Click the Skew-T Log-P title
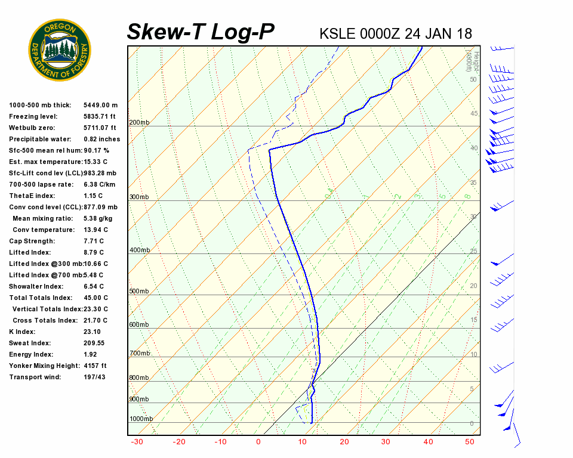click(x=201, y=32)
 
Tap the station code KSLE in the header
click(x=338, y=33)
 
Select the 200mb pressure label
click(x=139, y=123)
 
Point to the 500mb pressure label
click(x=139, y=292)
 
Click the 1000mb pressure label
click(x=141, y=419)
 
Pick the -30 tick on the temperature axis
click(x=137, y=442)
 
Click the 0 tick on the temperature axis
click(x=258, y=442)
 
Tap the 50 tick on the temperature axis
click(x=470, y=442)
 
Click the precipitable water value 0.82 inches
click(x=101, y=140)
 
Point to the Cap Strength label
click(x=32, y=242)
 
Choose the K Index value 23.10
click(x=92, y=332)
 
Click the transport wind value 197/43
click(x=95, y=377)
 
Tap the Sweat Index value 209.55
click(x=94, y=343)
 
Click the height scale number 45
click(x=474, y=114)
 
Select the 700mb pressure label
click(x=139, y=354)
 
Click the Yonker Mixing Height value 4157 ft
click(x=95, y=366)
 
